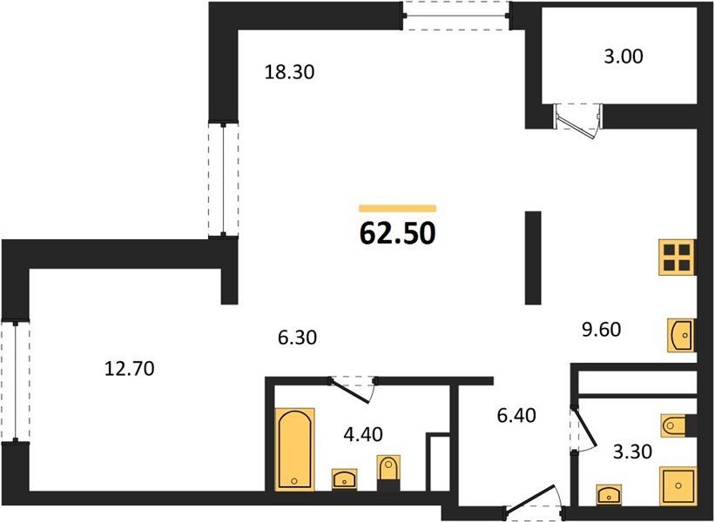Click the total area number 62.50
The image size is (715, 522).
click(x=398, y=234)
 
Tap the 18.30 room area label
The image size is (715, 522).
click(x=289, y=72)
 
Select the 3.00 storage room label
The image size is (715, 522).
click(x=623, y=57)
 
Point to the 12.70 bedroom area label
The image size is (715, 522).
click(x=130, y=368)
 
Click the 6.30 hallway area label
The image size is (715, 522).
click(x=297, y=338)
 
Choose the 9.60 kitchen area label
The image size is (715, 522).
click(x=602, y=329)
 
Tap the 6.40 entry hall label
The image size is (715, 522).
click(x=516, y=415)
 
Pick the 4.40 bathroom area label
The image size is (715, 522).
click(x=363, y=434)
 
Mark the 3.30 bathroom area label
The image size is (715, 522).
click(x=632, y=452)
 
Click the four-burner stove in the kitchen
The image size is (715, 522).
click(x=676, y=258)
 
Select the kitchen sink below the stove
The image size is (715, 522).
click(x=681, y=335)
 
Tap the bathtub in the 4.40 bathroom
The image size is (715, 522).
click(x=295, y=449)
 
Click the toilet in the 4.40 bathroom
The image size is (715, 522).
click(x=388, y=472)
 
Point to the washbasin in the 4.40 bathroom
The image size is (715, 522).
click(x=345, y=479)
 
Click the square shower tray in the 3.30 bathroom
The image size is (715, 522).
click(x=678, y=486)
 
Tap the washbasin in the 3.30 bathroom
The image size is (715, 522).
click(x=610, y=495)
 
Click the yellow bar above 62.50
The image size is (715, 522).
click(x=398, y=209)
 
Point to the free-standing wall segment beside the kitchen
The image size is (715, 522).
click(x=533, y=258)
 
